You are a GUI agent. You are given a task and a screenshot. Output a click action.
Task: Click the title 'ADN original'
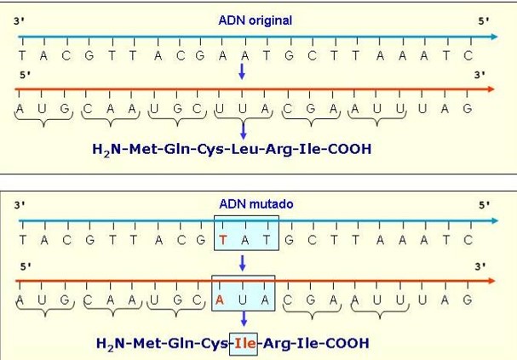[x=256, y=20]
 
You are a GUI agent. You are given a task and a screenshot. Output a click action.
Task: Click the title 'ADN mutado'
[x=256, y=204]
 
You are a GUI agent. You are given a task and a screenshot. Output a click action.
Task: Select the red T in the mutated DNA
[x=223, y=240]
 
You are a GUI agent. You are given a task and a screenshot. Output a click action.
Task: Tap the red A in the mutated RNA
[x=220, y=300]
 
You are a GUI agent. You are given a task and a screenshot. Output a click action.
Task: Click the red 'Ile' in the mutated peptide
[x=245, y=344]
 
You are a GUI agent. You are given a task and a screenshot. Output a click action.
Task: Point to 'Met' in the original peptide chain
[x=143, y=149]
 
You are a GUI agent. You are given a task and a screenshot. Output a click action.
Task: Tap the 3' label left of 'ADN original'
[x=19, y=21]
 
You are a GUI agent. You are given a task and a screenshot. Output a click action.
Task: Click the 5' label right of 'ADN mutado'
[x=484, y=205]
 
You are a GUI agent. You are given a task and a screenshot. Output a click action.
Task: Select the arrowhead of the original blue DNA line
[x=494, y=37]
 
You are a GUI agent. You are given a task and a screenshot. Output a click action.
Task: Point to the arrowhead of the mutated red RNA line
[x=491, y=281]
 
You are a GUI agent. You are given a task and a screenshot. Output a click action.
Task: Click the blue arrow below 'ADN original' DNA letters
[x=242, y=71]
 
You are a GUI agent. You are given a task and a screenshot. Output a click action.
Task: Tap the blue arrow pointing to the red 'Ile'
[x=244, y=318]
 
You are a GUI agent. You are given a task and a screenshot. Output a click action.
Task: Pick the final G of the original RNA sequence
[x=468, y=108]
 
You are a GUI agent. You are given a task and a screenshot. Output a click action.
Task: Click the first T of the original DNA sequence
[x=22, y=55]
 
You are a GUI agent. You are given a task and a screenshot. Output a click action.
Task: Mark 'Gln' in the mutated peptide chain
[x=181, y=343]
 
